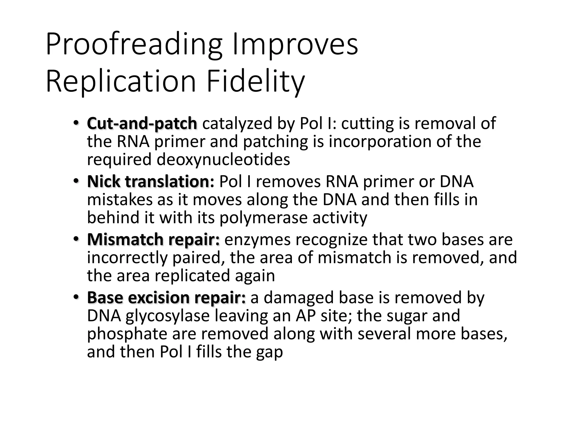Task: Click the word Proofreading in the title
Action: (134, 44)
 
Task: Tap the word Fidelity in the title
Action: (256, 82)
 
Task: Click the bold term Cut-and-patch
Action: (142, 123)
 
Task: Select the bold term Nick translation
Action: (150, 181)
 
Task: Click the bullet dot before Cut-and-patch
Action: (76, 123)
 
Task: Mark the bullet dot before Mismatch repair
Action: (76, 239)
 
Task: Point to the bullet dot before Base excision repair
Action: (76, 297)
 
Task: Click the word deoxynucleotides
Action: (223, 159)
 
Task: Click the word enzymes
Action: (257, 239)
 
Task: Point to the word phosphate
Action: (127, 334)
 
